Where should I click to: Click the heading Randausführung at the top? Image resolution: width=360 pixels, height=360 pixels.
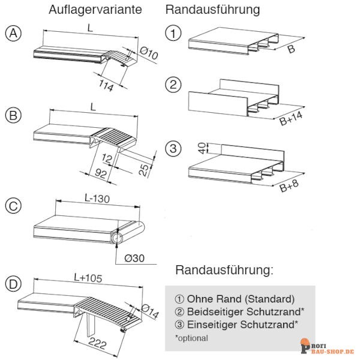(x=212, y=10)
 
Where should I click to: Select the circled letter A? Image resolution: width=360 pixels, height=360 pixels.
(x=13, y=34)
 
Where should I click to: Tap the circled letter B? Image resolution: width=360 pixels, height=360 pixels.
(x=13, y=114)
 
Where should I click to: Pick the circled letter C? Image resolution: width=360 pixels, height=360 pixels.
(x=13, y=206)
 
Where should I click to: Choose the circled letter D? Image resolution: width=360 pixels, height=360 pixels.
(x=13, y=284)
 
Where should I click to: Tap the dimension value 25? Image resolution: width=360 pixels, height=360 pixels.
(x=144, y=170)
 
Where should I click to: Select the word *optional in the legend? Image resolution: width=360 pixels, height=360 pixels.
(x=191, y=338)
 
